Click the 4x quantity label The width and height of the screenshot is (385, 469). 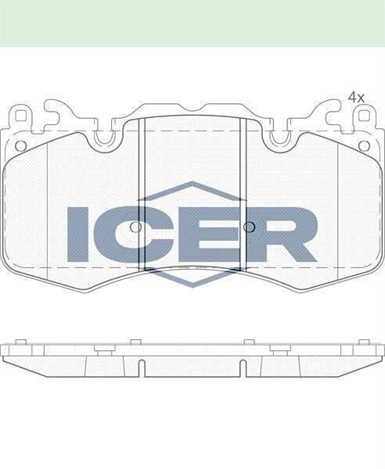coord(356,97)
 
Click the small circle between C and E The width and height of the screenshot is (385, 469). coord(135,227)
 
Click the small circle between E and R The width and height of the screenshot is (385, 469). coord(249,227)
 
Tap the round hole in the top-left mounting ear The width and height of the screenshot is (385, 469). coord(21,145)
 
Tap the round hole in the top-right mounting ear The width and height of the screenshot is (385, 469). coord(364,145)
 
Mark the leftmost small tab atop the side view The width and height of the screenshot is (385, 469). coord(21,342)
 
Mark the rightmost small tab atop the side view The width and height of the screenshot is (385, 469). coord(364,342)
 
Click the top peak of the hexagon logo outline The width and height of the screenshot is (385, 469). coord(192,184)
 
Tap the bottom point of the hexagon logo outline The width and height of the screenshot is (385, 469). coord(192,285)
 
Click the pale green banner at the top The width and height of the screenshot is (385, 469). coord(192,23)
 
